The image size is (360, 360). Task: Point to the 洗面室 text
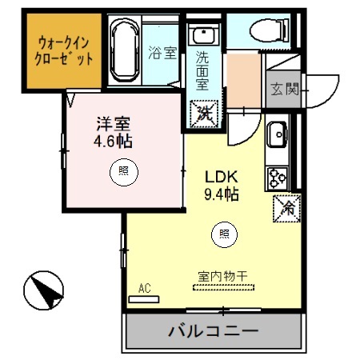pos(205,70)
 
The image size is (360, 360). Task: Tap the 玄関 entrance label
pos(284,89)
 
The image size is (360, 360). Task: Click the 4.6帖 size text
pos(113,142)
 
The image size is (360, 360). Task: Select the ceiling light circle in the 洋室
pos(123,170)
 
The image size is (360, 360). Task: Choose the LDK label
pos(222,176)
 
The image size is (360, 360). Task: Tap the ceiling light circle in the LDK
pos(224,234)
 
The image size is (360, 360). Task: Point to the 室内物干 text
pos(222,275)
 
